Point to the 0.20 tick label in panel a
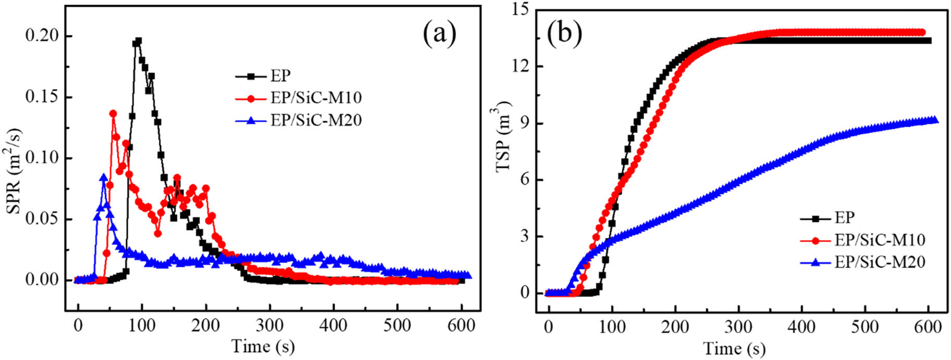click(42, 36)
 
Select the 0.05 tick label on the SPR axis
click(42, 219)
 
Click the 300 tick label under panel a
click(269, 326)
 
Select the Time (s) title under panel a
click(263, 346)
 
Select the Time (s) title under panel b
click(734, 347)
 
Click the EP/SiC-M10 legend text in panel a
click(316, 98)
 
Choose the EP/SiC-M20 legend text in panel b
click(880, 262)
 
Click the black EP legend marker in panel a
click(251, 76)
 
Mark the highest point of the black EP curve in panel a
click(139, 41)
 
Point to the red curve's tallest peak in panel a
click(113, 113)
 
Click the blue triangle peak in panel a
click(104, 178)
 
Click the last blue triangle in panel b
click(934, 120)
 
